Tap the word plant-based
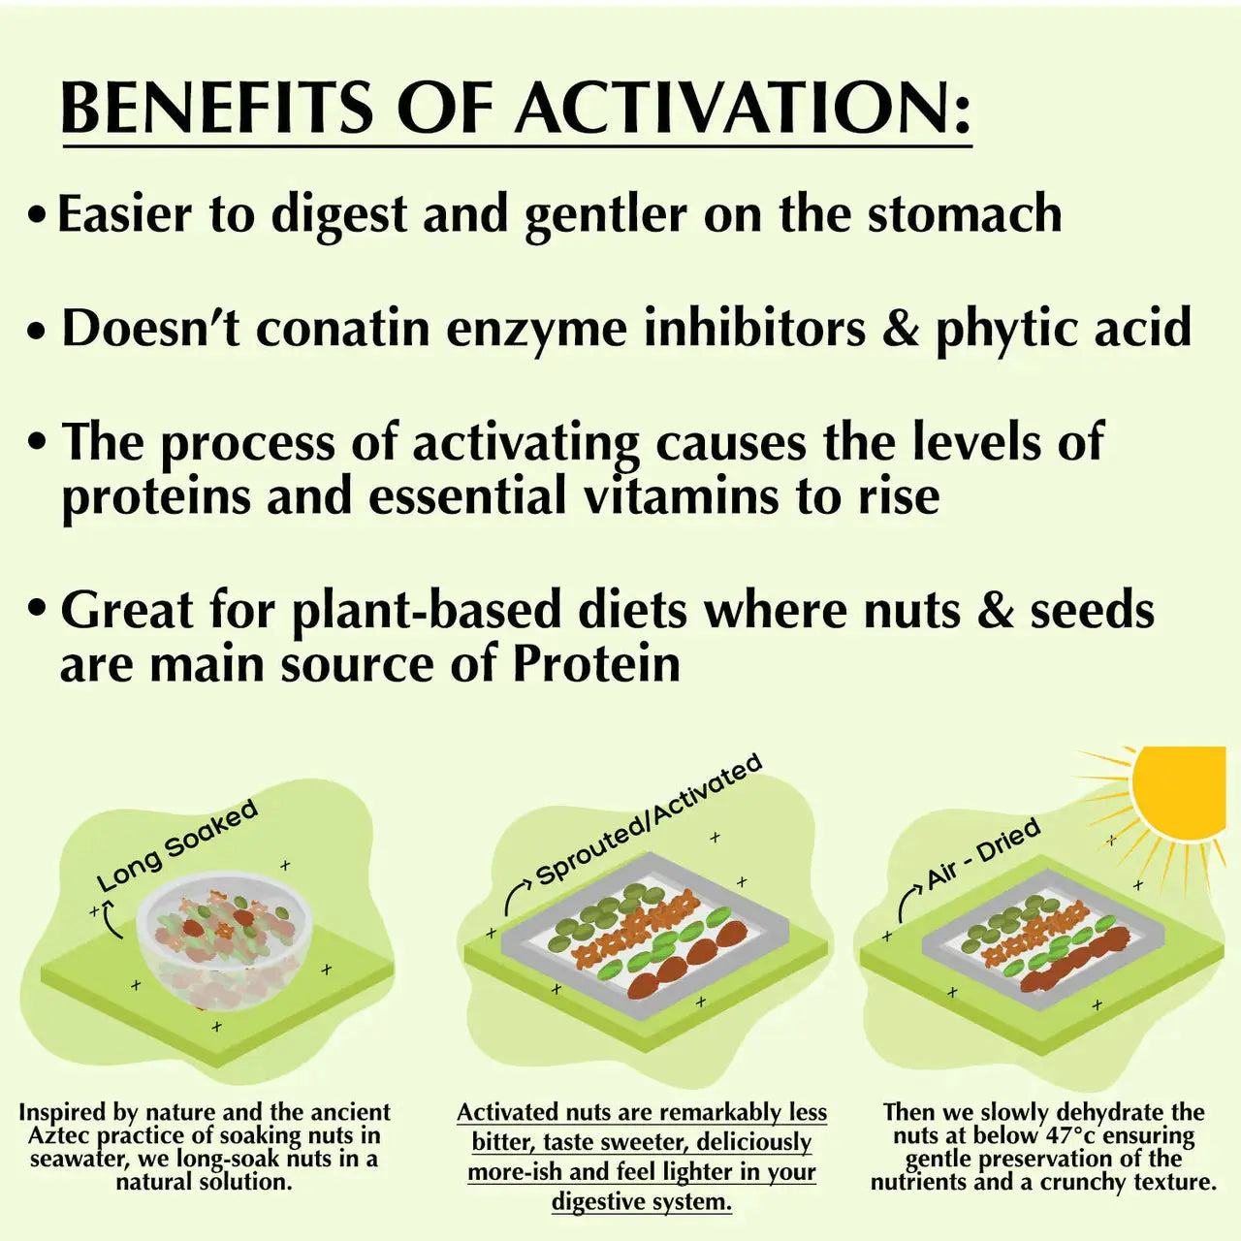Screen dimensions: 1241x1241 427,611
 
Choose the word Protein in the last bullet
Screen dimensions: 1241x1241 595,665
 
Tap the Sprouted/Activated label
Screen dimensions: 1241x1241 649,818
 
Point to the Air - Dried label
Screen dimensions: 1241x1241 983,852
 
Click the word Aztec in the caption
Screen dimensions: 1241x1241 61,1135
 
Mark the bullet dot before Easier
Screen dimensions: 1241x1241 37,214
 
